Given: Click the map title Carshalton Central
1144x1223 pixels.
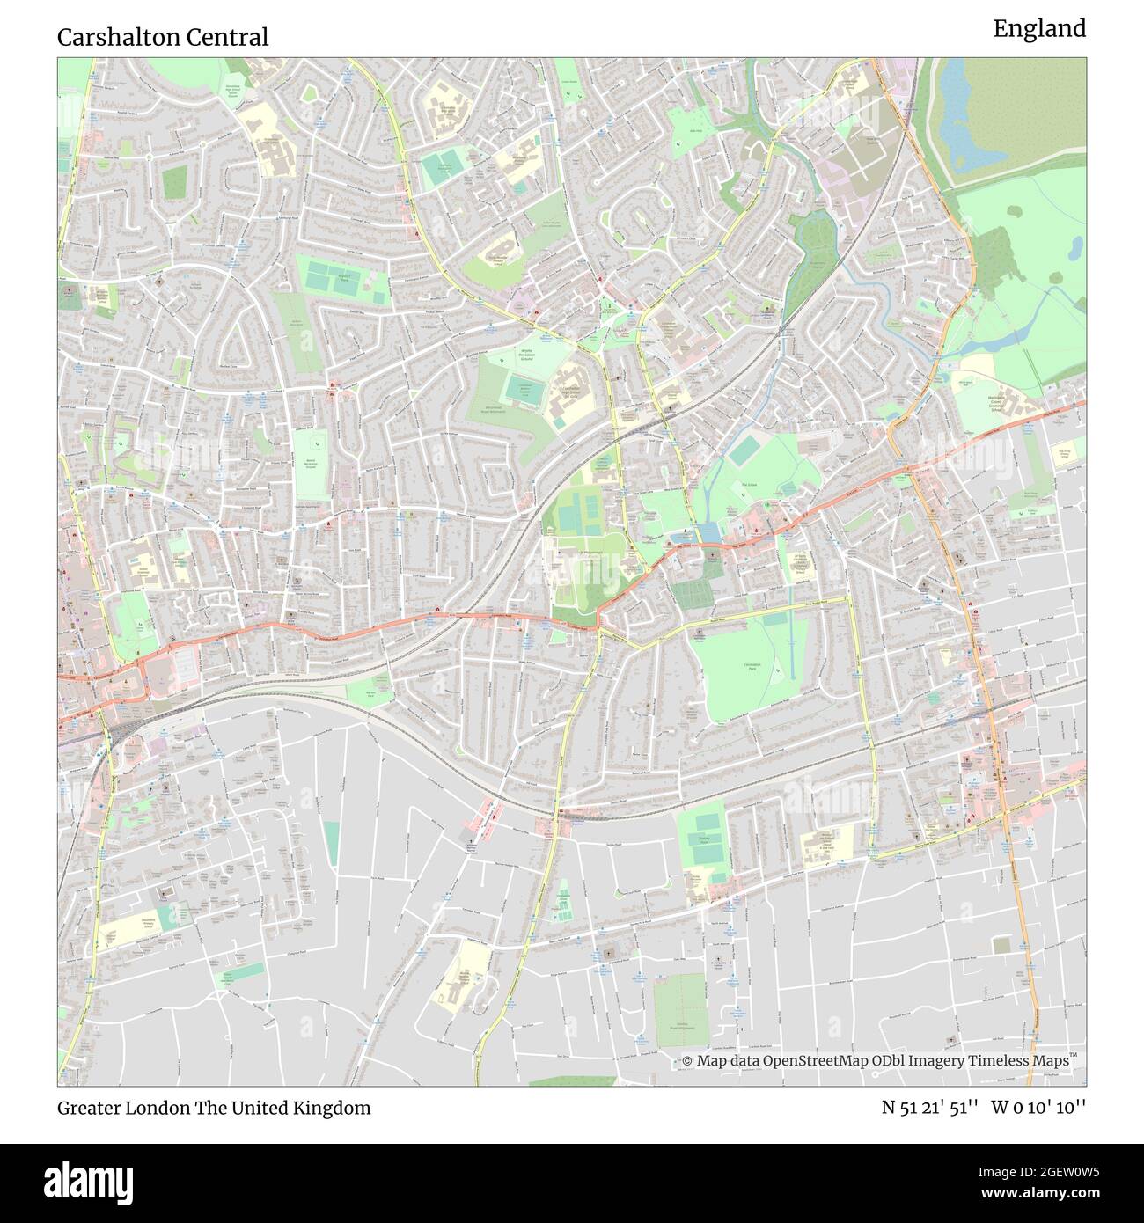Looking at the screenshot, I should point(163,37).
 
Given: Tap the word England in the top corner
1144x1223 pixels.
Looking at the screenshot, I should point(1039,29).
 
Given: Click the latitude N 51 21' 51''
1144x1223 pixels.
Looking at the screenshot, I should point(931,1108).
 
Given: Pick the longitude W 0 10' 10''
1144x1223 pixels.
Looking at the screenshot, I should point(1038,1108).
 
